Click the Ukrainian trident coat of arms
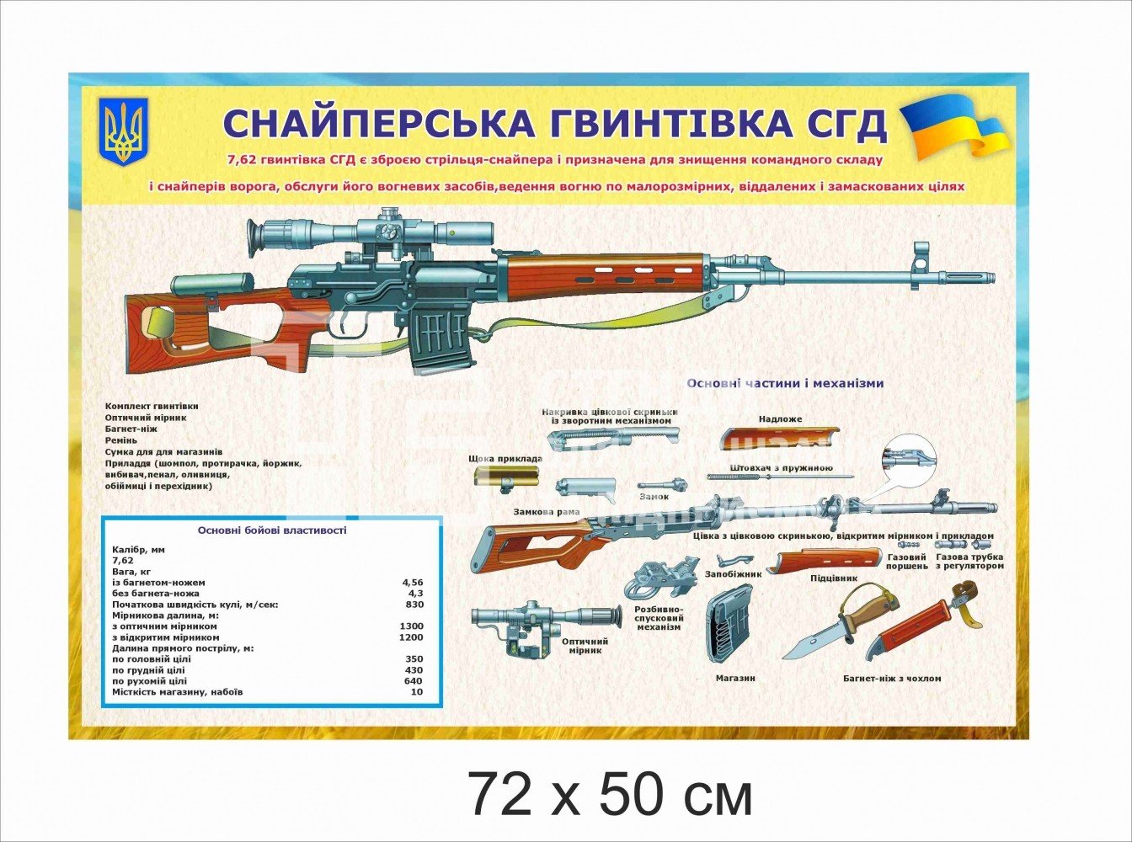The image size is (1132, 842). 124,131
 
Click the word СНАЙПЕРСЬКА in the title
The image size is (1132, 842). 377,123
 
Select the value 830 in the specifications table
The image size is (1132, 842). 414,605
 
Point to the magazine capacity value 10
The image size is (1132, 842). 416,692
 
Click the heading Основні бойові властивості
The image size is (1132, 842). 271,530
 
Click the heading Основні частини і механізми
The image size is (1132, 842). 785,383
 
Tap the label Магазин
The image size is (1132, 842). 734,678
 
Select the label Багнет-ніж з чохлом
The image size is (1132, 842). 891,678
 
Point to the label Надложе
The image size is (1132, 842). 780,418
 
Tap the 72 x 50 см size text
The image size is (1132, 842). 610,795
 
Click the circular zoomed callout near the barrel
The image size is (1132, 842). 909,460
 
